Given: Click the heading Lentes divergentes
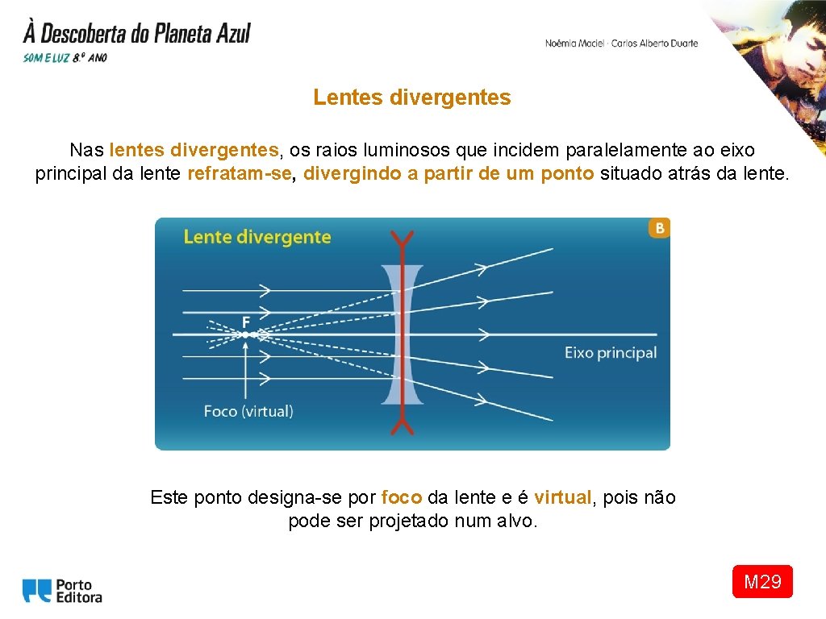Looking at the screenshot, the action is pos(412,98).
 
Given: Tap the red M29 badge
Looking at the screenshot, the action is pos(762,582).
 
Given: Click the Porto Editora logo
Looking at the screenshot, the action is pos(62,591).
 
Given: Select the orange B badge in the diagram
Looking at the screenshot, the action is pos(660,228).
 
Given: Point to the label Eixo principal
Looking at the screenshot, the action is pos(610,353).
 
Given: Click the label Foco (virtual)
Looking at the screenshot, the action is pos(248,411).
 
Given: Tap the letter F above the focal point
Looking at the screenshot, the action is pos(245,322).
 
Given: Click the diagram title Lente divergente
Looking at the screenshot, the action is pos(257,237).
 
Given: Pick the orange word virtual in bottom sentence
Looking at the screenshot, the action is pos(563,497).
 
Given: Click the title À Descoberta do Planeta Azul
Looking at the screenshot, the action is pos(137,34).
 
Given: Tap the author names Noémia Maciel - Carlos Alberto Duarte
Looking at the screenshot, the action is pos(621,44).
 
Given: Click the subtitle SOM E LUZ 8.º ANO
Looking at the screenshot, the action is pos(65,58).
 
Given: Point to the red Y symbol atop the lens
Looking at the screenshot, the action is pos(402,239).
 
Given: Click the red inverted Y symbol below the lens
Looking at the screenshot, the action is pos(402,424).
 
